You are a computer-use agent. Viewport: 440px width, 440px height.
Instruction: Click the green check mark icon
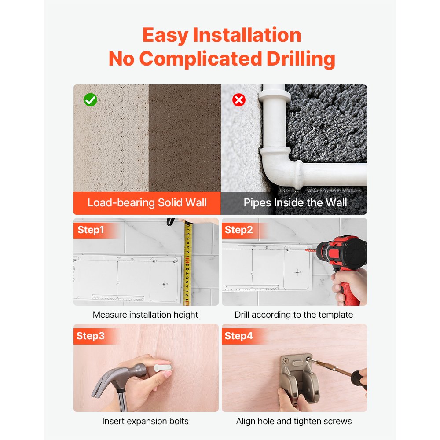(90, 100)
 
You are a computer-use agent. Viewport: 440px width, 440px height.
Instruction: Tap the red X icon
(239, 100)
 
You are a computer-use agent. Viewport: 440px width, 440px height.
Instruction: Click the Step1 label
(91, 230)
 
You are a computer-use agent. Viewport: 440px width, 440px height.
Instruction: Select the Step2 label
(238, 230)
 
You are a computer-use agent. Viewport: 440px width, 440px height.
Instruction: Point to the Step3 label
(90, 336)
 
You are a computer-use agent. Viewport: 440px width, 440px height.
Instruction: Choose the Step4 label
(238, 336)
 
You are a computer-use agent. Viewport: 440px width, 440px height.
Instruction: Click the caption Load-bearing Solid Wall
(147, 202)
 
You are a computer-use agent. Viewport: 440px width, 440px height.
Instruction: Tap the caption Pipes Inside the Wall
(295, 202)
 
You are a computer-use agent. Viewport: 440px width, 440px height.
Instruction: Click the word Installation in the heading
(247, 35)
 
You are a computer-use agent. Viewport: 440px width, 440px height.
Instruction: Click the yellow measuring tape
(187, 263)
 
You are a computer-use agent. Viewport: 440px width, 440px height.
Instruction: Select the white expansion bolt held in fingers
(162, 367)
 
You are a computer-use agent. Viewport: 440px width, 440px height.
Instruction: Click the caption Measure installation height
(145, 315)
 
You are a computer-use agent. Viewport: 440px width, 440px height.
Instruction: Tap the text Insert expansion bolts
(145, 421)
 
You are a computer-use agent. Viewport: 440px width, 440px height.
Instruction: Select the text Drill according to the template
(294, 315)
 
